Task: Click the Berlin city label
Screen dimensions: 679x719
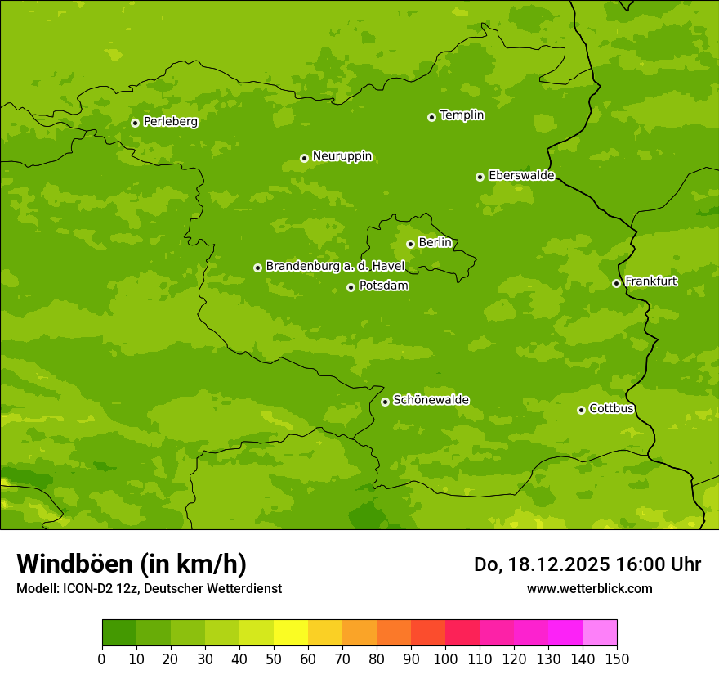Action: pos(435,243)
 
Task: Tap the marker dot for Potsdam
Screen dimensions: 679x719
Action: pos(351,287)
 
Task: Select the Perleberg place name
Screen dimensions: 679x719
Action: pos(170,122)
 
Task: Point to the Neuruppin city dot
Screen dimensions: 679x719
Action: pos(304,158)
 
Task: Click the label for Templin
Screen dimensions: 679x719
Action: pos(462,115)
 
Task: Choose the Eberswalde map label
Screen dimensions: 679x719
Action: pos(521,176)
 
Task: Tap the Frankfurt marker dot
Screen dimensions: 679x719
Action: pos(616,283)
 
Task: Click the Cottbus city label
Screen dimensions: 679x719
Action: pos(611,409)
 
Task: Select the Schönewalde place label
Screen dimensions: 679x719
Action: pos(431,400)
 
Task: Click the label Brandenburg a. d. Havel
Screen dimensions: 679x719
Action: pos(335,267)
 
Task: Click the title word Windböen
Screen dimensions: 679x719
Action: pos(74,564)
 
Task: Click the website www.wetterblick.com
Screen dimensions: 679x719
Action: pos(589,588)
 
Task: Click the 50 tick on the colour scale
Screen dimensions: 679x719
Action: pos(274,659)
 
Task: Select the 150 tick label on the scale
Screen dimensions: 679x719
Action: pos(617,659)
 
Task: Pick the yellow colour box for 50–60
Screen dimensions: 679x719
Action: pos(291,633)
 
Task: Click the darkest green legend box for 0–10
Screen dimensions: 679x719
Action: pos(119,633)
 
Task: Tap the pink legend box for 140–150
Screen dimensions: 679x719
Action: pos(600,633)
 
